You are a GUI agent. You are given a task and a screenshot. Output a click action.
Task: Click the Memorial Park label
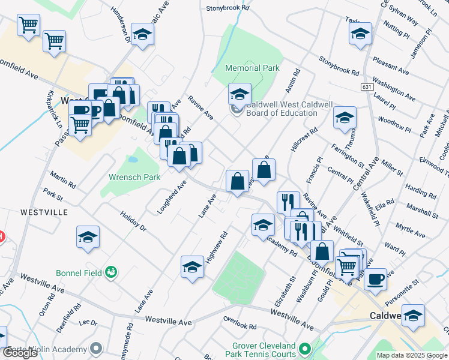252,68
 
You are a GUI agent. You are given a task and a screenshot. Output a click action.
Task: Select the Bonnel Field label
76,272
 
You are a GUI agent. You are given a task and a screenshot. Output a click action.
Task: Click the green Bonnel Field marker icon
110,273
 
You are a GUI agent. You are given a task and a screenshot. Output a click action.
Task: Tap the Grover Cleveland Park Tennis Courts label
264,350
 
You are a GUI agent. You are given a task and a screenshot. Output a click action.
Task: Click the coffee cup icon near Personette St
376,278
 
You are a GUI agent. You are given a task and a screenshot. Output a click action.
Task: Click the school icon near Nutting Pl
360,34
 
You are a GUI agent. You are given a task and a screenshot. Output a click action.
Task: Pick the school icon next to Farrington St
345,118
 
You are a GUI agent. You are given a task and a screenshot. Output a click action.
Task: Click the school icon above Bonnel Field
88,237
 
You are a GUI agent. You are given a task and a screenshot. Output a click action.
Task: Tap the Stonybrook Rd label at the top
228,8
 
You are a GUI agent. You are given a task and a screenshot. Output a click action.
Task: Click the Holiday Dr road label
133,220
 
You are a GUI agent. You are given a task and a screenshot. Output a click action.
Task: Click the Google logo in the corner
20,353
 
